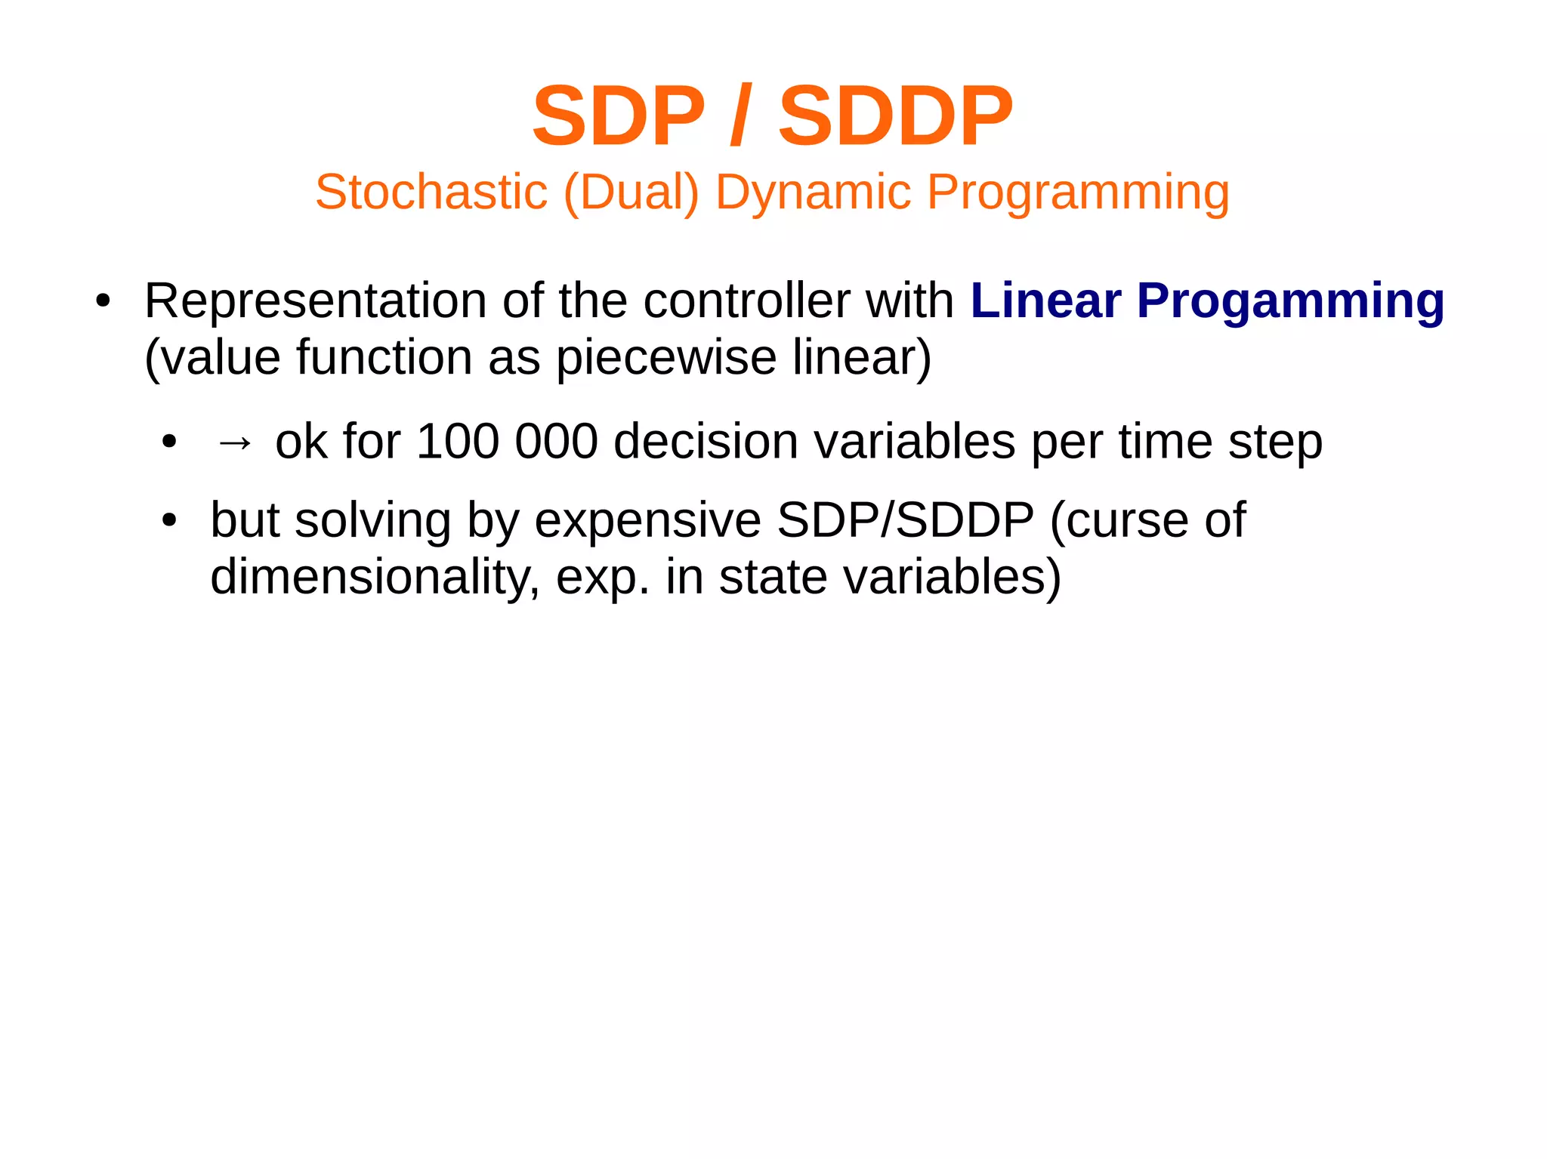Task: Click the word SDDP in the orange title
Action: pos(895,116)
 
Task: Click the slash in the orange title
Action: pos(740,116)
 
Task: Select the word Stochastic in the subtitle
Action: pos(431,192)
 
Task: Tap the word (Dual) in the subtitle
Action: pos(631,193)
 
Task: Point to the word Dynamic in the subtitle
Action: pos(813,193)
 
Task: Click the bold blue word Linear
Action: pos(1045,301)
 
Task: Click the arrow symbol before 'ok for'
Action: pos(233,442)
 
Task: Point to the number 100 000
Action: pos(507,442)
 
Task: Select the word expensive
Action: pos(647,521)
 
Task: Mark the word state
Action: pos(773,578)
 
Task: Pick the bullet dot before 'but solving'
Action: pos(169,521)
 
